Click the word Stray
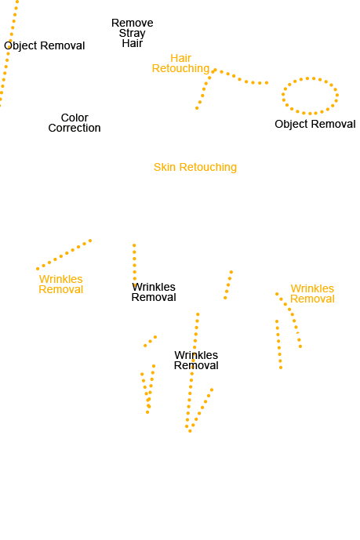[x=133, y=34]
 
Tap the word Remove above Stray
[x=133, y=23]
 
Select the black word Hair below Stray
[x=133, y=43]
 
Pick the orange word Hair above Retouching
[x=180, y=58]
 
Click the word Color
[x=75, y=118]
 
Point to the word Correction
[x=75, y=128]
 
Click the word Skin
[x=165, y=167]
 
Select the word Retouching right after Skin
[x=208, y=167]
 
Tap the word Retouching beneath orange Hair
[x=181, y=68]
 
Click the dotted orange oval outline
[x=283, y=94]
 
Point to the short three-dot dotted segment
[x=151, y=341]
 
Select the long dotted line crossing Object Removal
[x=9, y=52]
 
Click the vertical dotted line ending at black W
[x=134, y=262]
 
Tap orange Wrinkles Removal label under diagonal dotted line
[x=61, y=284]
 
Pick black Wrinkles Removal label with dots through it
[x=196, y=361]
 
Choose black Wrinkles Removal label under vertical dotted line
[x=154, y=292]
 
